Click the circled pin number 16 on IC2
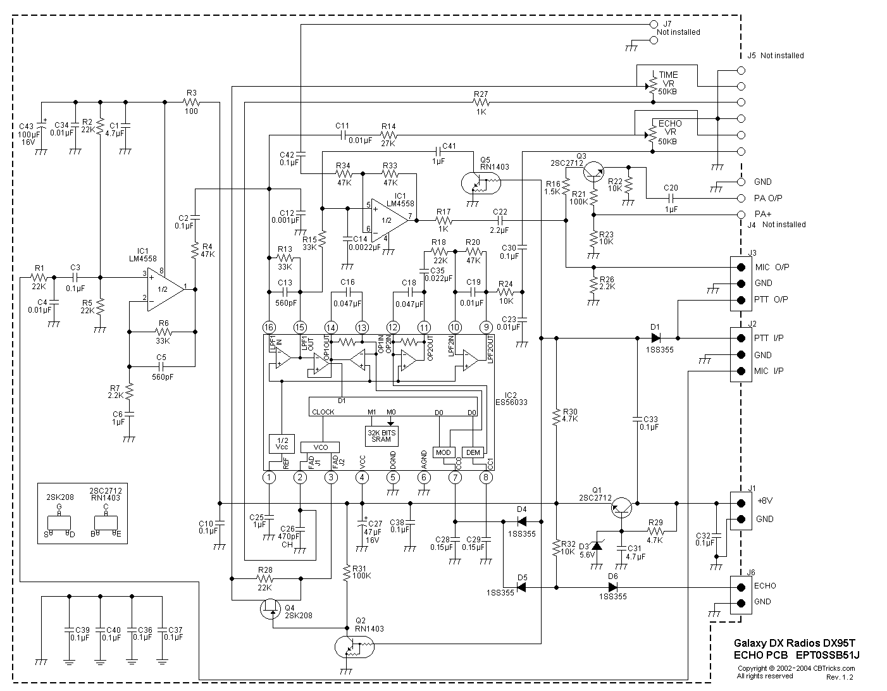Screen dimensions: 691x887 tap(270, 327)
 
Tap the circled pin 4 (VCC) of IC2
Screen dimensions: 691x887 tap(362, 478)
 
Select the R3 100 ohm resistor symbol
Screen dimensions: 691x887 tap(191, 102)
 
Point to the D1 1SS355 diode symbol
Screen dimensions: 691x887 tap(655, 338)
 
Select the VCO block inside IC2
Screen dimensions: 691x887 tap(320, 447)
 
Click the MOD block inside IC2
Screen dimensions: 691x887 tap(443, 452)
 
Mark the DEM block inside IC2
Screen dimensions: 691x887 tap(473, 452)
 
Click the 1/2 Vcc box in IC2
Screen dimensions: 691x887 tap(282, 444)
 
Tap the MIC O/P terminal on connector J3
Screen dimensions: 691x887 tap(741, 267)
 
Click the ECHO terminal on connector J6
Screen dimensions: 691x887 tap(741, 585)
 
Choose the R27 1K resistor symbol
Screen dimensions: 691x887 tap(481, 102)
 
